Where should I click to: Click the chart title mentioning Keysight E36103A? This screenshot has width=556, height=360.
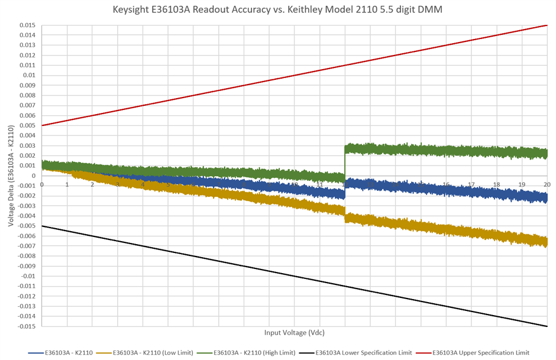(278, 9)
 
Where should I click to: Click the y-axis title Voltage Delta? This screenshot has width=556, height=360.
(10, 176)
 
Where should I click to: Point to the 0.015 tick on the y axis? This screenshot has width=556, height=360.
(27, 25)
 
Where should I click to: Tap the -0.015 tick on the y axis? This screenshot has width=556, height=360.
(26, 326)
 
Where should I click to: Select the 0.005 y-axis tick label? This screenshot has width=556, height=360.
(27, 125)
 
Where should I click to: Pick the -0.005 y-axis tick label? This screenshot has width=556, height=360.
(26, 226)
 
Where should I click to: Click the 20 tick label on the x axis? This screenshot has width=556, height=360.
(547, 184)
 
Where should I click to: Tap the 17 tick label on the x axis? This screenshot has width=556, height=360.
(471, 184)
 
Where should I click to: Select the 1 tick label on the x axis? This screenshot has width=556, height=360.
(67, 184)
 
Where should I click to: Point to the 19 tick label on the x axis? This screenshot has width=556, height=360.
(522, 184)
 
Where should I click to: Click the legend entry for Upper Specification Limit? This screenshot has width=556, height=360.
(481, 352)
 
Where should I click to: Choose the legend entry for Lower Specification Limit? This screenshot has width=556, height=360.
(364, 352)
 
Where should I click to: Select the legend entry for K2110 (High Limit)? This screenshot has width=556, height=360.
(254, 352)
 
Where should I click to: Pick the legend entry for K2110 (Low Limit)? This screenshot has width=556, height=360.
(153, 352)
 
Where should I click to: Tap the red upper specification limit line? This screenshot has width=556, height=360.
(294, 75)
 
